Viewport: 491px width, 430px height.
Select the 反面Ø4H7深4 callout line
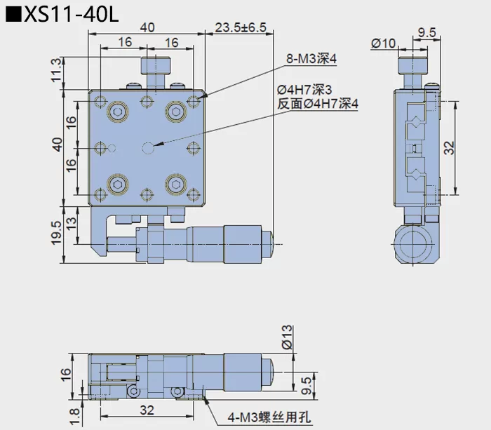[318, 104]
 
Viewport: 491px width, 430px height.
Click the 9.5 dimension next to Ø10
[427, 32]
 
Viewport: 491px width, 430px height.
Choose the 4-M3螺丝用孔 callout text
[271, 419]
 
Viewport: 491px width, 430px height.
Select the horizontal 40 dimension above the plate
[147, 27]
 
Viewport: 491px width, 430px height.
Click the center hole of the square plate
[147, 147]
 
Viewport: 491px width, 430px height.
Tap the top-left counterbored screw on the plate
[116, 111]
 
